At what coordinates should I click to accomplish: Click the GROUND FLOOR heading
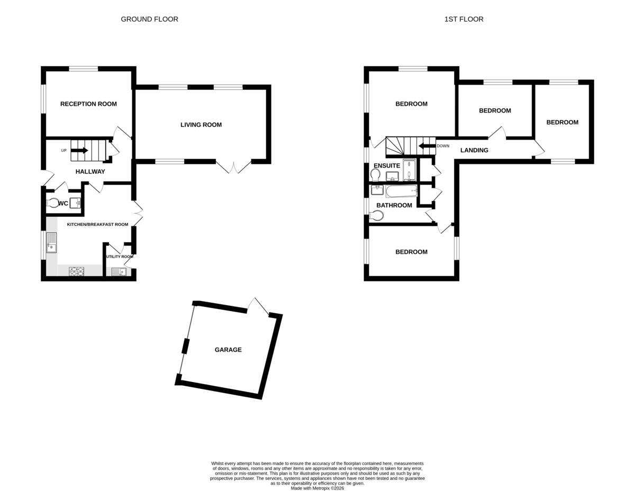149,19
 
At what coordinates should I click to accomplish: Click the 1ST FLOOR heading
464,19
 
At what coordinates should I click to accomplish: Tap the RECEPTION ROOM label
88,104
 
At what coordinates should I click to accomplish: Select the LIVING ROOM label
201,125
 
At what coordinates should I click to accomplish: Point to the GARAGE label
228,350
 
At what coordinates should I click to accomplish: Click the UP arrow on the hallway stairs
79,150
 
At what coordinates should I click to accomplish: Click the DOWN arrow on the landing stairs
427,146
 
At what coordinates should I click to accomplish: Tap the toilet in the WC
52,203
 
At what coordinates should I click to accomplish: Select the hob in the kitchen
77,271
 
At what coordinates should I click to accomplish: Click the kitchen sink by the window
51,242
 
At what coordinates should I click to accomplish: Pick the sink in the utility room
119,271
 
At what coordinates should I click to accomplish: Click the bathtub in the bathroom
401,191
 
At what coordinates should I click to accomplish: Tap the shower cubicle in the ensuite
410,170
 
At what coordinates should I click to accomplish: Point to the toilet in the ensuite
375,175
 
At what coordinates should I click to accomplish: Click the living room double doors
233,167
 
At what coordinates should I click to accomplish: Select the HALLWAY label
90,172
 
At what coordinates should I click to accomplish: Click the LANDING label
474,150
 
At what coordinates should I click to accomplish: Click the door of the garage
258,307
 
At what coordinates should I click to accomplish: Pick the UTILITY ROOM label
120,257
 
